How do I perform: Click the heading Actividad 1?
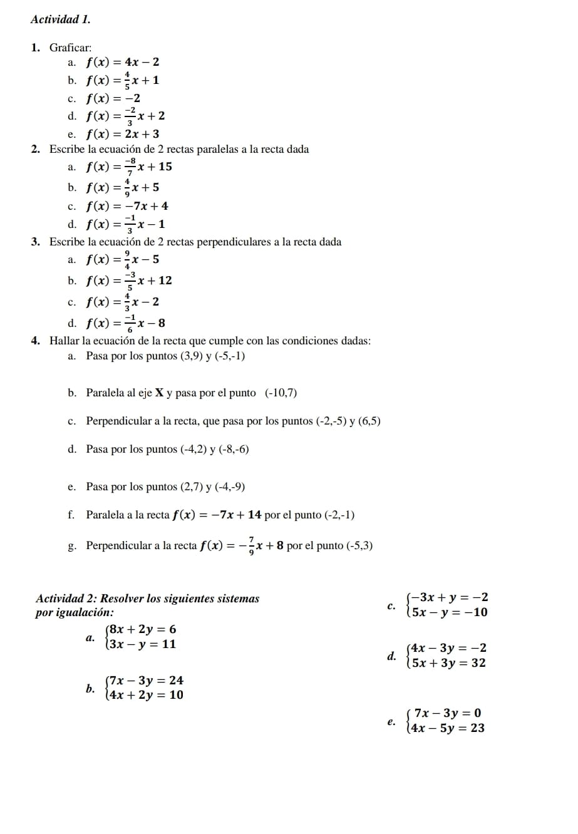(x=60, y=19)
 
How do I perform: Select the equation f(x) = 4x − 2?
(x=123, y=62)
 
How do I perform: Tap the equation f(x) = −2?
(x=113, y=98)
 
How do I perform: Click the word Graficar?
(x=70, y=48)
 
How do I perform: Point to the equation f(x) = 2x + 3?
(x=123, y=134)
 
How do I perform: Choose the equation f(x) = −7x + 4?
(x=127, y=206)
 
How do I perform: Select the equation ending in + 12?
(x=129, y=281)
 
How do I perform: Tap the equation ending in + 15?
(x=129, y=167)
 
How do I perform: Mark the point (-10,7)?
(x=281, y=393)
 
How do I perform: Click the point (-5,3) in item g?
(x=359, y=546)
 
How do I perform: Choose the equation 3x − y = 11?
(x=142, y=644)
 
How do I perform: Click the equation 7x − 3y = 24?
(x=145, y=681)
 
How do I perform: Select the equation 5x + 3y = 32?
(x=446, y=663)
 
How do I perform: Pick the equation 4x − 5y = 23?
(x=445, y=728)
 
